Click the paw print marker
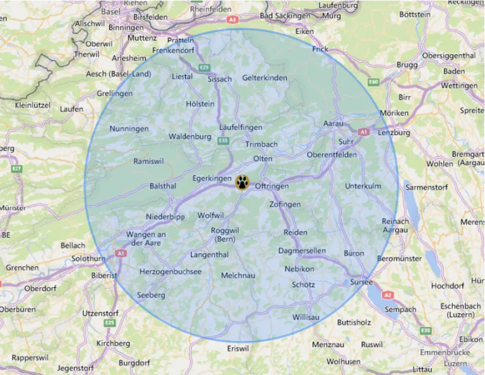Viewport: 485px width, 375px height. (x=242, y=182)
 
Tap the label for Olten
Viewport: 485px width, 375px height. (x=262, y=158)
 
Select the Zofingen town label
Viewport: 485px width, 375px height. (x=285, y=205)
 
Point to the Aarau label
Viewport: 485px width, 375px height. (x=333, y=124)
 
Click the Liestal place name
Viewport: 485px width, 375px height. (x=183, y=77)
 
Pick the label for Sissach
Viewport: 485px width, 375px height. (x=220, y=80)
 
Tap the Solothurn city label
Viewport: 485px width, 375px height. (x=88, y=259)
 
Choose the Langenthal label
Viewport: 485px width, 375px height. (x=209, y=255)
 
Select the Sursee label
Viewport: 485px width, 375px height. (x=362, y=282)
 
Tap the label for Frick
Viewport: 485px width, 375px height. (x=320, y=49)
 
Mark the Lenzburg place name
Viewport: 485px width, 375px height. (x=393, y=133)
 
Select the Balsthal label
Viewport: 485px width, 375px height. (x=163, y=186)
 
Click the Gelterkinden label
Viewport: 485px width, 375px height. (x=265, y=78)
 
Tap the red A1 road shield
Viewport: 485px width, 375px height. (x=363, y=132)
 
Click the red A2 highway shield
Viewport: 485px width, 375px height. (x=388, y=295)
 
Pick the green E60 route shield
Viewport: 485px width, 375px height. (x=373, y=82)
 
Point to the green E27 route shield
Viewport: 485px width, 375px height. (x=16, y=169)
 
